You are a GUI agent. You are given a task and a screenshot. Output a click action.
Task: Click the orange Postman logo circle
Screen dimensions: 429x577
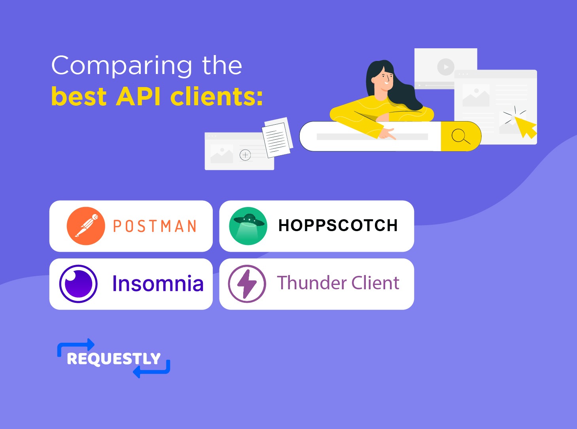pyautogui.click(x=86, y=226)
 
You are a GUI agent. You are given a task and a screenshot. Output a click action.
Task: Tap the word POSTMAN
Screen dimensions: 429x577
pyautogui.click(x=155, y=226)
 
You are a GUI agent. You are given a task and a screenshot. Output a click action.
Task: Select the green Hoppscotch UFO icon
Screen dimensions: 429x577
pyautogui.click(x=248, y=226)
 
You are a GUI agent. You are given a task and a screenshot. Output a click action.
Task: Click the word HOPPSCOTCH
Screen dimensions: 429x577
pyautogui.click(x=338, y=226)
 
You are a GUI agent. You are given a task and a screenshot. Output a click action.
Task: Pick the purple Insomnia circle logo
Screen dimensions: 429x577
pyautogui.click(x=78, y=284)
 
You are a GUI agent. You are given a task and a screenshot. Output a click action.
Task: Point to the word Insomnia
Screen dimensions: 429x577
pyautogui.click(x=158, y=284)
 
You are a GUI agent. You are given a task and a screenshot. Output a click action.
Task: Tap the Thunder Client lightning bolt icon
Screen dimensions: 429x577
pyautogui.click(x=247, y=284)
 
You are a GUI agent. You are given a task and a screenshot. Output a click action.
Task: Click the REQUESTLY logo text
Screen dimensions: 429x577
pyautogui.click(x=114, y=359)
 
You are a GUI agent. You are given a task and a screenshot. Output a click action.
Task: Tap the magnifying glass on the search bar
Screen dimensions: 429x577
pyautogui.click(x=460, y=136)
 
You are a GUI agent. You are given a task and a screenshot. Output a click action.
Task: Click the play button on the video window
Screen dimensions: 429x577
pyautogui.click(x=446, y=67)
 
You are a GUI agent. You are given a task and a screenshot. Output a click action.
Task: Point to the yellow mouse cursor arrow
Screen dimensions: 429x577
pyautogui.click(x=525, y=126)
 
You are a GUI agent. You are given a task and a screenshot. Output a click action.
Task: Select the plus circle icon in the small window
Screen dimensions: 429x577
pyautogui.click(x=245, y=155)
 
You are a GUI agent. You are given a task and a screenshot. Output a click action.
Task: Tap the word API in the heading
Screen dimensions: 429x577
pyautogui.click(x=138, y=97)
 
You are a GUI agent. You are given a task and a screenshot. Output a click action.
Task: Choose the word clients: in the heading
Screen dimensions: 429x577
pyautogui.click(x=217, y=97)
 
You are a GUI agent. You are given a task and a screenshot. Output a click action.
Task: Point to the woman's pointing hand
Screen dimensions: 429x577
pyautogui.click(x=388, y=134)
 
